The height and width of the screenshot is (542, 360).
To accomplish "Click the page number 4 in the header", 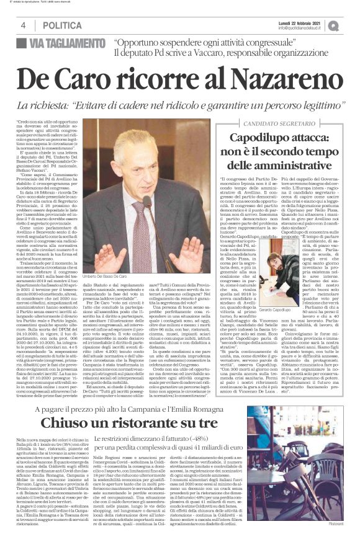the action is coord(23,25).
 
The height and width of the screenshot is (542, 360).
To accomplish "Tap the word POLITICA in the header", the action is coord(62,25).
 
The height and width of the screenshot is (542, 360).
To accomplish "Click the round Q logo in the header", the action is coord(351,25).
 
